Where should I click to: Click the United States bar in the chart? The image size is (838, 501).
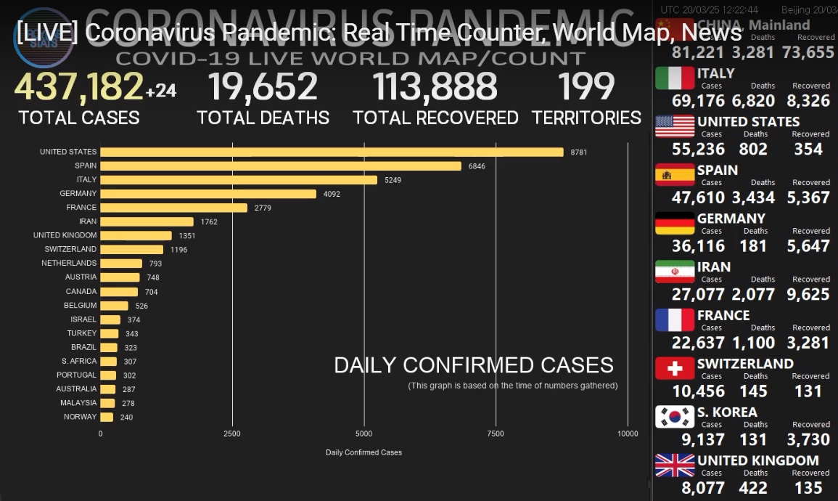pyautogui.click(x=332, y=152)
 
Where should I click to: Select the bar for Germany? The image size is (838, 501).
pyautogui.click(x=208, y=194)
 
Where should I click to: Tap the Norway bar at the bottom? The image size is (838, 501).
pyautogui.click(x=107, y=417)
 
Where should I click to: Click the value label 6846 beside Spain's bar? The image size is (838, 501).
pyautogui.click(x=477, y=166)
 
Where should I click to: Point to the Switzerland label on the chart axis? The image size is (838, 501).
pyautogui.click(x=70, y=249)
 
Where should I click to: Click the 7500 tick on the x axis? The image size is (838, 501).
pyautogui.click(x=496, y=433)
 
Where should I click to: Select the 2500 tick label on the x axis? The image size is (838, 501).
pyautogui.click(x=232, y=433)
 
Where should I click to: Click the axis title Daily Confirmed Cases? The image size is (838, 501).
pyautogui.click(x=363, y=452)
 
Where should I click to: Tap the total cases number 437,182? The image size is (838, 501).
pyautogui.click(x=78, y=87)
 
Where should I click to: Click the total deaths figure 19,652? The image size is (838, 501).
pyautogui.click(x=263, y=87)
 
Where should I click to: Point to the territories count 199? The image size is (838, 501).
pyautogui.click(x=586, y=87)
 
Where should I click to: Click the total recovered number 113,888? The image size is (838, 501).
pyautogui.click(x=435, y=87)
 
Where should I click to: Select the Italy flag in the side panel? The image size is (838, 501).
pyautogui.click(x=675, y=78)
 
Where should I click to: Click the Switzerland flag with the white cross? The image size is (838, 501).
pyautogui.click(x=675, y=369)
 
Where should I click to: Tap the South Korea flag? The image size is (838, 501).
pyautogui.click(x=675, y=417)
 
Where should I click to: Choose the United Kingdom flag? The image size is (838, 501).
pyautogui.click(x=675, y=465)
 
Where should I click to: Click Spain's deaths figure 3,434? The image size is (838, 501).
pyautogui.click(x=753, y=197)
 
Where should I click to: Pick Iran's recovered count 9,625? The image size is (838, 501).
pyautogui.click(x=808, y=294)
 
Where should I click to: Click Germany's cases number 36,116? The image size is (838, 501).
pyautogui.click(x=698, y=246)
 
